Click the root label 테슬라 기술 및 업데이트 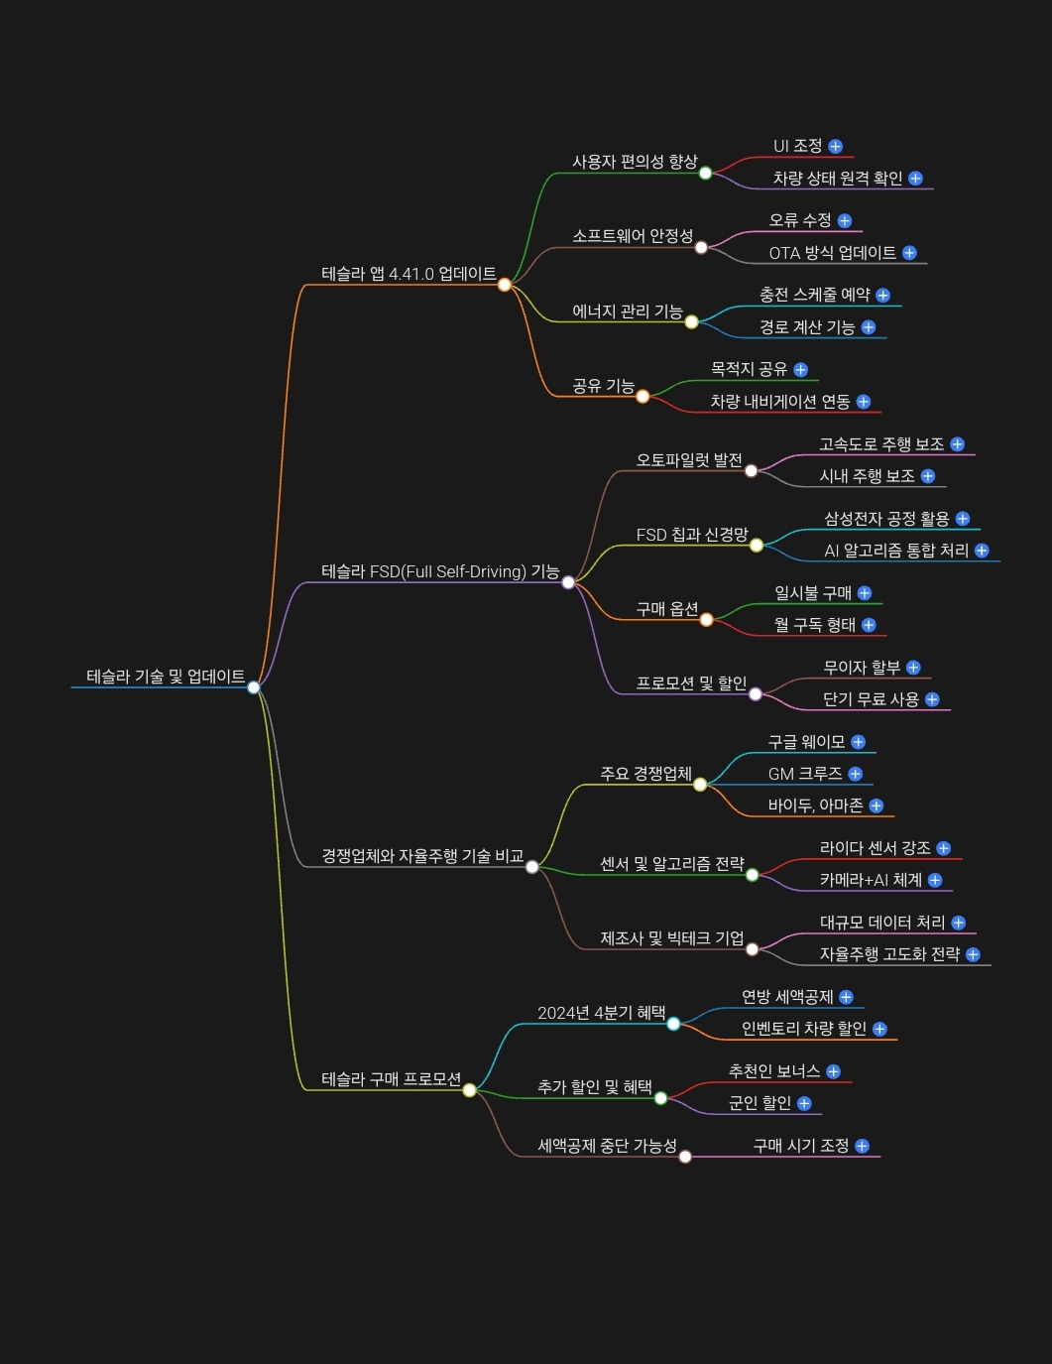coord(165,677)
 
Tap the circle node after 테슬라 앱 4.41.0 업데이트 coord(504,285)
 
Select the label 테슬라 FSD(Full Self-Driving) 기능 coord(439,571)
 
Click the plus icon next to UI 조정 coord(835,147)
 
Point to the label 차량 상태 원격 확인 coord(837,179)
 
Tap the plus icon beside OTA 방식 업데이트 coord(909,253)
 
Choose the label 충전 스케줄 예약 coord(814,295)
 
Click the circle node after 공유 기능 coord(643,397)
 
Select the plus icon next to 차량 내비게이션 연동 coord(864,402)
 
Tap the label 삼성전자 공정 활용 coord(886,519)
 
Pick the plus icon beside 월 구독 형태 coord(869,625)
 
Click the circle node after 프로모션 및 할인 coord(756,694)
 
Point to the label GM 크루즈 coord(804,774)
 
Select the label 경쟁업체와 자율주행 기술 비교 coord(421,856)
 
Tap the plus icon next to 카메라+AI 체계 coord(935,880)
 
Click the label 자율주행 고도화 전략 coord(889,954)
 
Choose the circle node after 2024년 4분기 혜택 coord(673,1024)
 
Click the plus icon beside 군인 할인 coord(804,1103)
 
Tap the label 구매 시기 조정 coord(800,1146)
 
